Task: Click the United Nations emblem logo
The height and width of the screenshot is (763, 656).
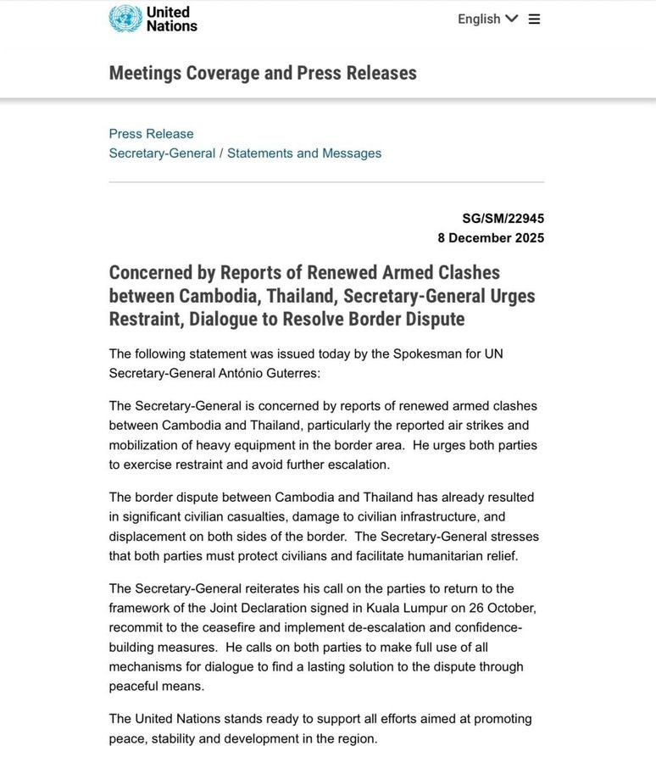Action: pos(125,19)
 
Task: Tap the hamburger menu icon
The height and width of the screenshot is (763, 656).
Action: pos(534,19)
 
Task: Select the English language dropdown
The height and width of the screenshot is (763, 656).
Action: pos(487,19)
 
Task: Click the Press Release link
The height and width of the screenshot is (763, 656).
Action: pos(151,134)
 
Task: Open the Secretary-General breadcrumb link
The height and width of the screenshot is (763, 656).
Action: pos(162,153)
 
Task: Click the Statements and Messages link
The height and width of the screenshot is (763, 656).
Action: pos(304,153)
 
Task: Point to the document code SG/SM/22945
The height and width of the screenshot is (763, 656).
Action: pos(503,219)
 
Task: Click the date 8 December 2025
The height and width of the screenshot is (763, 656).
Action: pos(491,238)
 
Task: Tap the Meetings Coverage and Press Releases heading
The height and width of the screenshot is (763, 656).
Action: pos(263,73)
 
